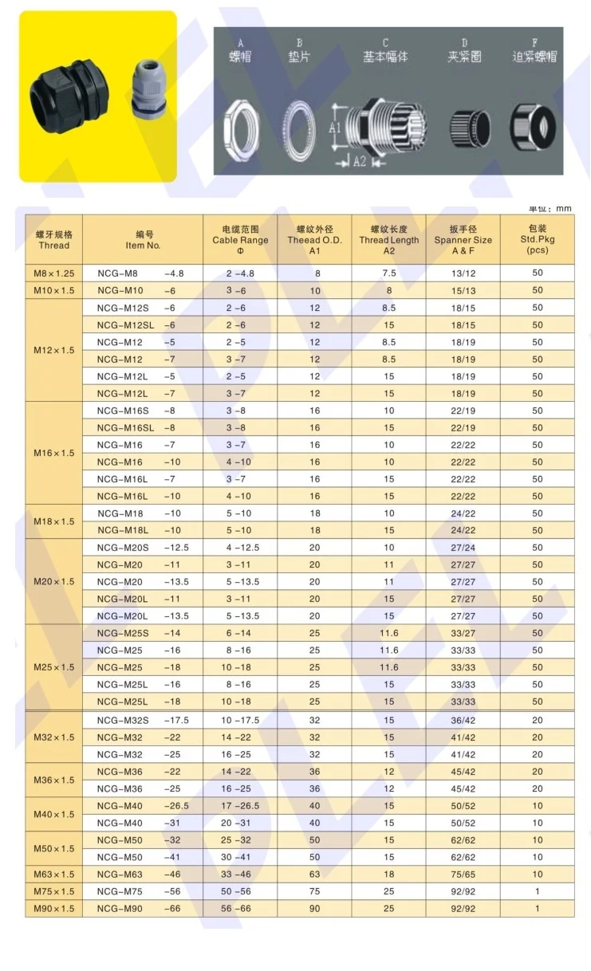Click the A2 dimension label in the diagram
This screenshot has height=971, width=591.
[x=359, y=162]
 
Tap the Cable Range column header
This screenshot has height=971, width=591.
[x=240, y=240]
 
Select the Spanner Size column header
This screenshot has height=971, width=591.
[x=463, y=240]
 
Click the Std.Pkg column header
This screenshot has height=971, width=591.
[x=537, y=239]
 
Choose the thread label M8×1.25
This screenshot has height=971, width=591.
[x=53, y=273]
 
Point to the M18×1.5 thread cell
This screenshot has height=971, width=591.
[x=53, y=521]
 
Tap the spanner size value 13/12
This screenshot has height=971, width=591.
[x=463, y=273]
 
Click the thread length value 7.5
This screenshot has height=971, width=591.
[x=388, y=273]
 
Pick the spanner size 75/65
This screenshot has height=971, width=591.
[x=463, y=875]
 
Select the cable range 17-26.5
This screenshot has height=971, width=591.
[x=240, y=806]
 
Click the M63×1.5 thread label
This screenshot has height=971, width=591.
[x=53, y=875]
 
